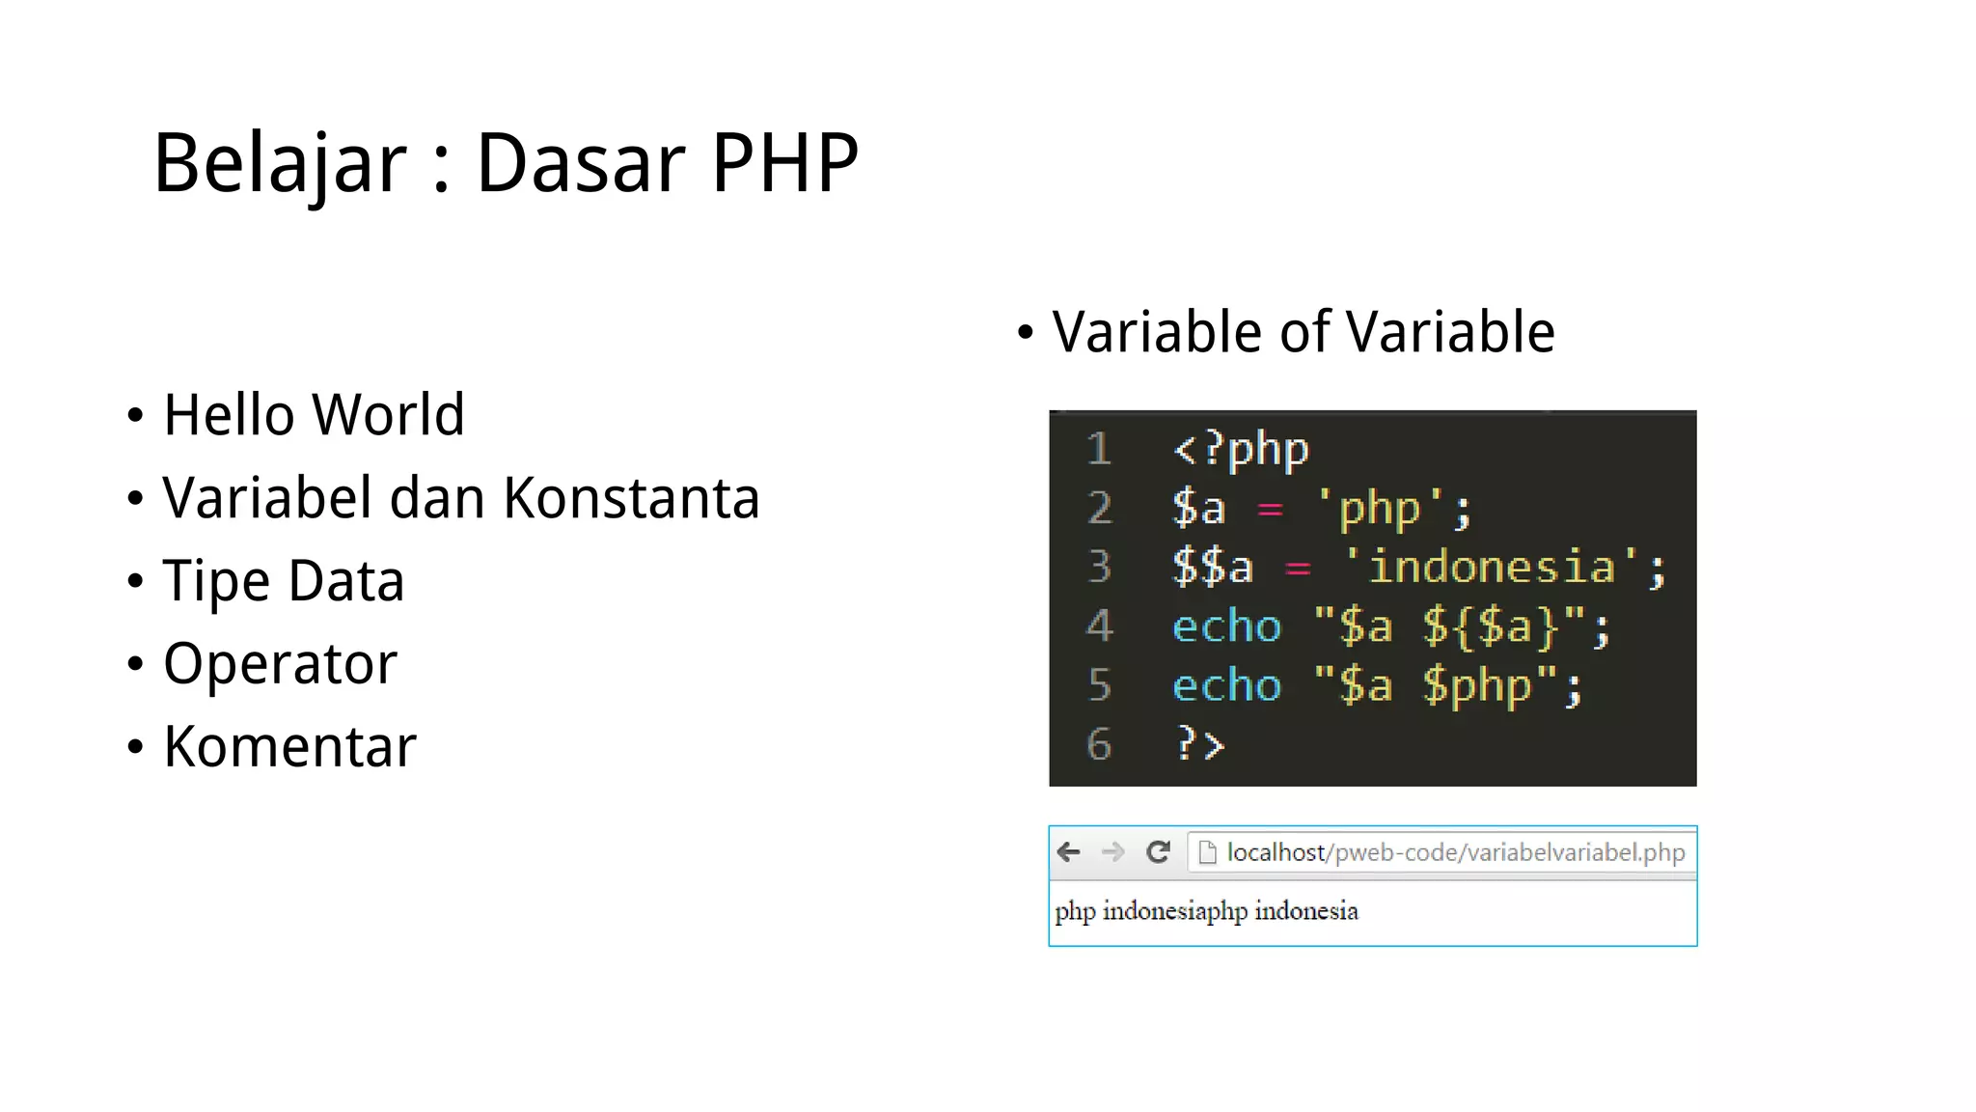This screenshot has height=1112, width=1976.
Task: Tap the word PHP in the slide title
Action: [x=784, y=162]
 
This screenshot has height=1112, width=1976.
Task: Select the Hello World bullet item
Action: [x=314, y=415]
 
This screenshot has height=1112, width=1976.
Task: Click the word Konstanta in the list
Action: [x=631, y=498]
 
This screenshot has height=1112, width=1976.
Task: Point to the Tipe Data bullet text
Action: [x=283, y=581]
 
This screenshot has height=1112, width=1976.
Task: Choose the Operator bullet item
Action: [x=280, y=664]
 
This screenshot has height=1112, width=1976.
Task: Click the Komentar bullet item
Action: [x=289, y=747]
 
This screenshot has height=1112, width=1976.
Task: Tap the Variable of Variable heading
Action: [x=1303, y=332]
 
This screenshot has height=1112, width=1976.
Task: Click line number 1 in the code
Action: [x=1099, y=450]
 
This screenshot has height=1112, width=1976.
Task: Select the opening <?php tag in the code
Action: [x=1241, y=450]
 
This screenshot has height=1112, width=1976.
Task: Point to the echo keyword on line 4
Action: [x=1226, y=626]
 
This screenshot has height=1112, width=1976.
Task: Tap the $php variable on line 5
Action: [x=1476, y=686]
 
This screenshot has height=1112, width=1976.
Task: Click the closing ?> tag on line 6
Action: [x=1199, y=744]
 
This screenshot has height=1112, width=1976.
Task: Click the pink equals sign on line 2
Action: [x=1270, y=510]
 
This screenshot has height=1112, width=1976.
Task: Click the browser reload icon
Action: [x=1158, y=852]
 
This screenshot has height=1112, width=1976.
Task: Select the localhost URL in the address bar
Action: [x=1455, y=852]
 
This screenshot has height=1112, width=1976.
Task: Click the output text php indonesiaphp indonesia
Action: [x=1206, y=911]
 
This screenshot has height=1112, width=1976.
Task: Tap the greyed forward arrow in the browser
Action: [x=1112, y=852]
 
